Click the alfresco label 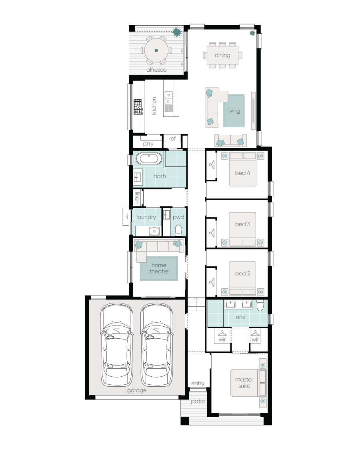156,70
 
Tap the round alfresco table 156,50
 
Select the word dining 222,55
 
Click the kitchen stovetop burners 138,106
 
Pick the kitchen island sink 168,98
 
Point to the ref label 172,139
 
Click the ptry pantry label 148,144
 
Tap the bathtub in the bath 149,159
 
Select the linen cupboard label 137,197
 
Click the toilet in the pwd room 178,231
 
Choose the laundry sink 154,231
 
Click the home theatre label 159,268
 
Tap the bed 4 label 243,173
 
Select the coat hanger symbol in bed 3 212,233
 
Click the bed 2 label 243,273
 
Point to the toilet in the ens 260,305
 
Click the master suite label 244,383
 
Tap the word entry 198,384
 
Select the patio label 198,402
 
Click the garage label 137,390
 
